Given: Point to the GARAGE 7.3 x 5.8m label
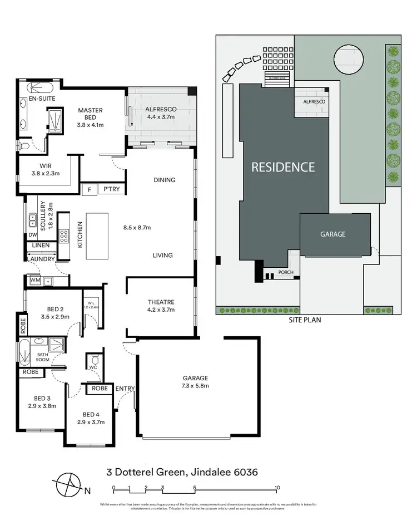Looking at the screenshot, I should pos(197,381).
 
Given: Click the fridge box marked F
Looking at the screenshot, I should pos(89,190).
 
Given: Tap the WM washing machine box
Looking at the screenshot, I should pos(34,280).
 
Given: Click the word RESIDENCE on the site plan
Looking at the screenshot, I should pos(283,167).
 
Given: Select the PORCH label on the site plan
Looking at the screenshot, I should pos(278,273).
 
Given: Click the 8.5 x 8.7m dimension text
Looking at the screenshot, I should pos(137,227).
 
